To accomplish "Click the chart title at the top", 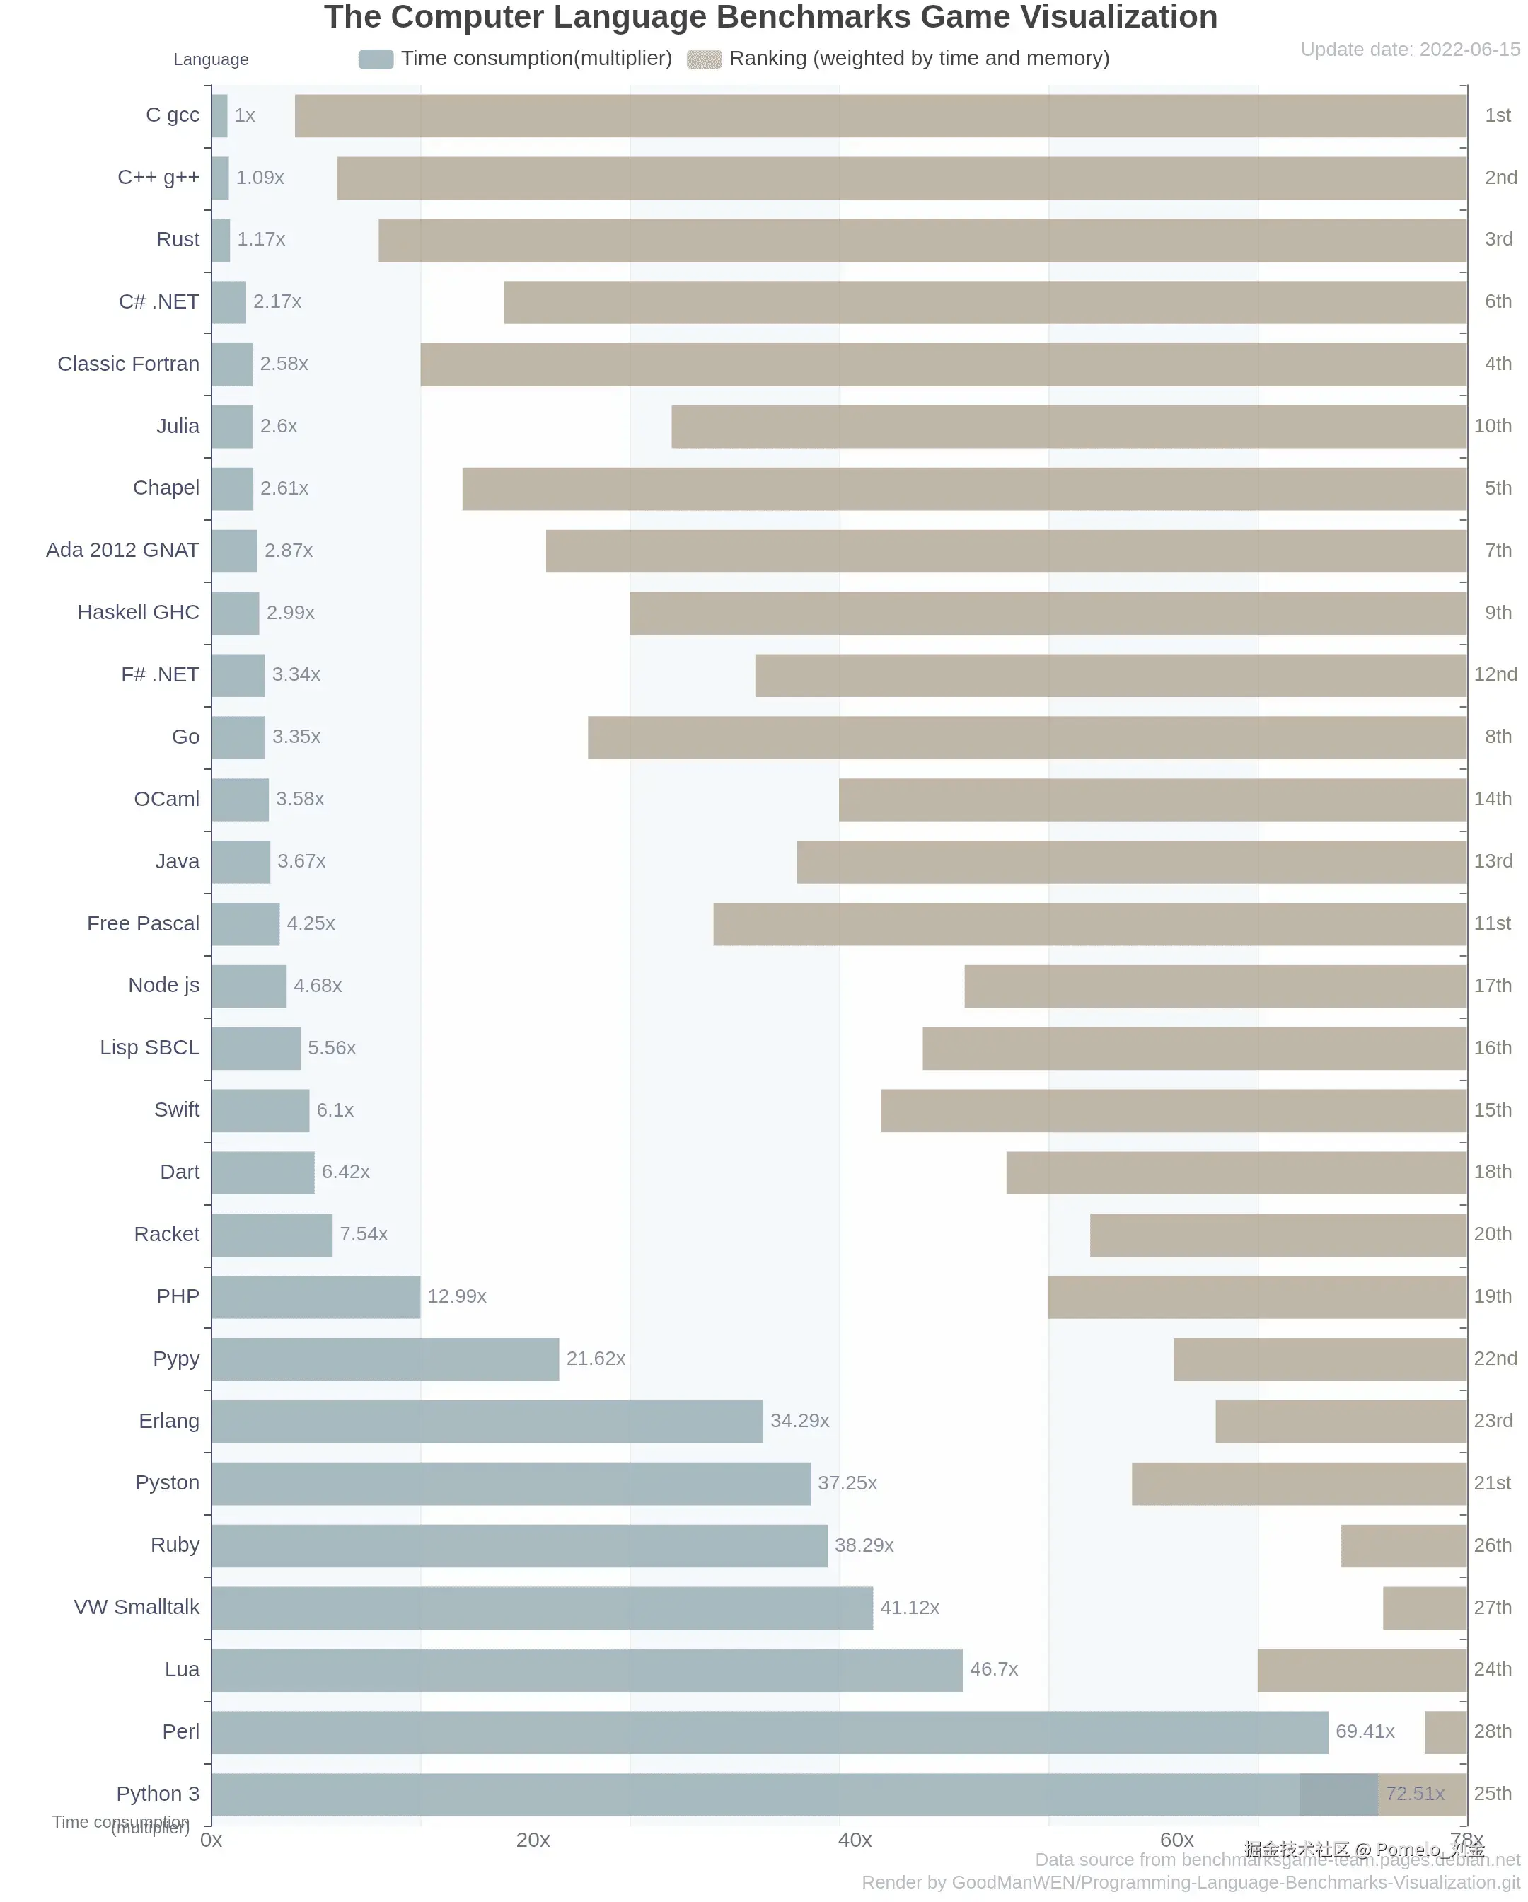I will [x=770, y=18].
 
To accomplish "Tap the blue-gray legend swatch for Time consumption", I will [x=376, y=59].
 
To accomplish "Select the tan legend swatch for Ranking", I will [x=704, y=59].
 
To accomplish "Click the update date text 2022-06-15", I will [x=1409, y=50].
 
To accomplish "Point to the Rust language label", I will [x=178, y=239].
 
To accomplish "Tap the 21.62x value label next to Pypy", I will [x=596, y=1359].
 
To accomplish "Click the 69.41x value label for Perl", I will [x=1364, y=1731].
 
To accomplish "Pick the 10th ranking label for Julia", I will [x=1492, y=426].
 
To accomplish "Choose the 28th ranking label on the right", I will [x=1492, y=1731].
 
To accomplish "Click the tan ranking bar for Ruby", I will [x=1403, y=1545].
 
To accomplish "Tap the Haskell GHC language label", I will [x=139, y=612].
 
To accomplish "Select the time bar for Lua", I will [x=586, y=1670].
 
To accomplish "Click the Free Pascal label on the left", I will [x=143, y=923].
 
